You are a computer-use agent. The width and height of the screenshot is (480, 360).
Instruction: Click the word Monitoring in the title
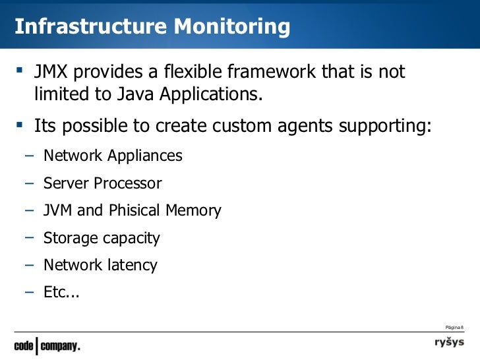pos(231,26)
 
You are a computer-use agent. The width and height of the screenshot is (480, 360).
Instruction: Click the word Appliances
pos(143,156)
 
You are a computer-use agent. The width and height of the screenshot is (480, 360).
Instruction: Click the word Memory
pos(193,211)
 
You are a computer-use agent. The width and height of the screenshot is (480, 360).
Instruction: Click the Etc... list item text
pos(61,292)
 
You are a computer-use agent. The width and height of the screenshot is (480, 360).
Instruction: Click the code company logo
pos(47,345)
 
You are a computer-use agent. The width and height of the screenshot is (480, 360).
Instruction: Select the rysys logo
pos(448,343)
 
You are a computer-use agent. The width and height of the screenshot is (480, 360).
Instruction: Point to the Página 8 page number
pos(454,327)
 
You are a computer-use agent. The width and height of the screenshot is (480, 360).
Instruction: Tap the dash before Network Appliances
pos(29,156)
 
